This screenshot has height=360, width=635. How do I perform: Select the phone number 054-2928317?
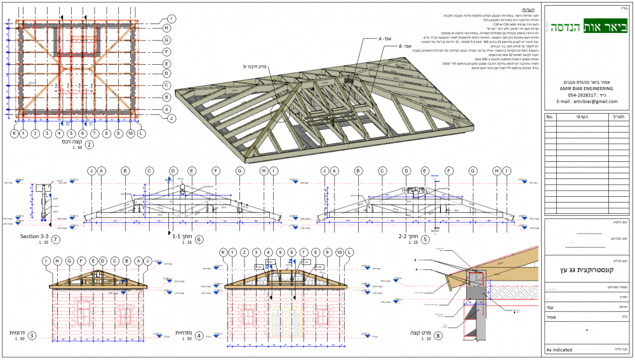pyautogui.click(x=588, y=95)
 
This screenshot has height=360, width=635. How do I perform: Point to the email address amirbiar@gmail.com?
pyautogui.click(x=587, y=102)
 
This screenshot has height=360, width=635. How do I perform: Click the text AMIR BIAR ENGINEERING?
pyautogui.click(x=588, y=89)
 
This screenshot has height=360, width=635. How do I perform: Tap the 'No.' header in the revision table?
pyautogui.click(x=550, y=117)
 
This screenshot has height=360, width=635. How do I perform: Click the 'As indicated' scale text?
pyautogui.click(x=559, y=350)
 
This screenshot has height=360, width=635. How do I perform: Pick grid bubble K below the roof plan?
pyautogui.click(x=14, y=134)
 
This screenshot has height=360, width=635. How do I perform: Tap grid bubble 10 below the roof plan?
pyautogui.click(x=130, y=134)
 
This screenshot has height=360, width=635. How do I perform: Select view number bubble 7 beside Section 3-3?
pyautogui.click(x=56, y=239)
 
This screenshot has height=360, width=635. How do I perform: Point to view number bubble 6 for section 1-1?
pyautogui.click(x=199, y=239)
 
